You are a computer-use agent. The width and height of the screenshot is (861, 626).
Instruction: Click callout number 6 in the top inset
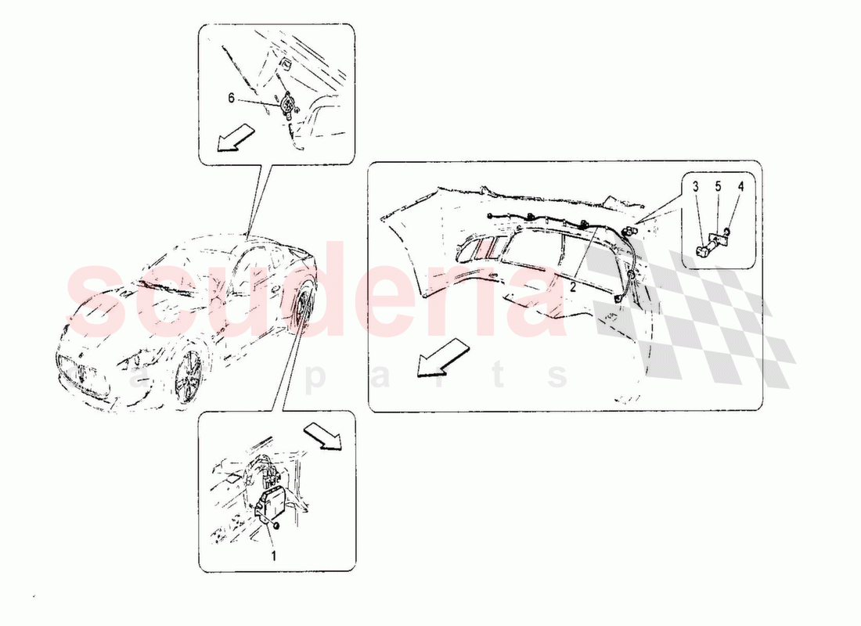point(231,99)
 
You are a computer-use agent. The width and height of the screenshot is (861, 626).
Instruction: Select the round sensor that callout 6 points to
point(286,104)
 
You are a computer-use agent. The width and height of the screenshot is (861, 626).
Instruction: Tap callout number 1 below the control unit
point(273,556)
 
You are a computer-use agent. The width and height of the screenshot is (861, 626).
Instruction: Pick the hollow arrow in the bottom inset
point(322,436)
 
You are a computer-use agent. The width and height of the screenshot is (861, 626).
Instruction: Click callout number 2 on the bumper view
point(573,286)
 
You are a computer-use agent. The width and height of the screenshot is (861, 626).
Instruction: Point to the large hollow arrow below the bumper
point(442,358)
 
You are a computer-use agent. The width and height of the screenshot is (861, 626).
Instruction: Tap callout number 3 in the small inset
point(696,187)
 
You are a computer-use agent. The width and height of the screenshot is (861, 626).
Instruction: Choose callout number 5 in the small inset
point(718,187)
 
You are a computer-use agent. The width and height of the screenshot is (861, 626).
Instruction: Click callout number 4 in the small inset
point(740,187)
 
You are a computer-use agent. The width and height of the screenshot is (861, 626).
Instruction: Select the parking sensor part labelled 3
point(704,250)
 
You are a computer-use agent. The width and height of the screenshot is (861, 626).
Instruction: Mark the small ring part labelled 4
point(728,232)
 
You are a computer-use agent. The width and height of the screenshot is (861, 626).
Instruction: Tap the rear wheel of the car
point(301,308)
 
